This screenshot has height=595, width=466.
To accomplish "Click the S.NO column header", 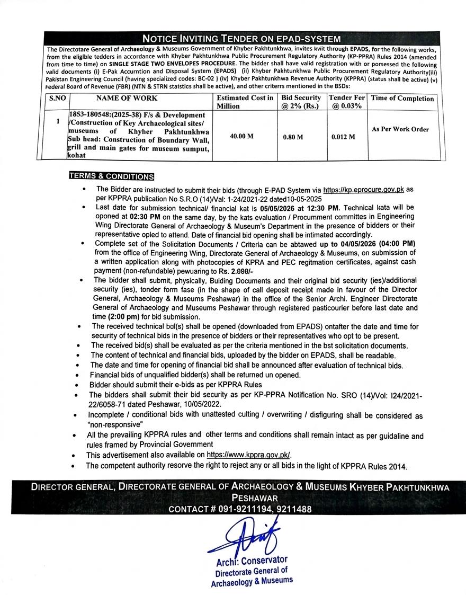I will (x=56, y=98).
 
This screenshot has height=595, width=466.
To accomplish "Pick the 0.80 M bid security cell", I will (x=292, y=137).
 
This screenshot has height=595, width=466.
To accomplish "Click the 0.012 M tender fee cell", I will (x=343, y=137).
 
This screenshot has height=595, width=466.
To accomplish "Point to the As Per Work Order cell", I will (x=400, y=129).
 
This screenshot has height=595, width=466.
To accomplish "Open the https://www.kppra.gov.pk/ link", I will (x=248, y=455).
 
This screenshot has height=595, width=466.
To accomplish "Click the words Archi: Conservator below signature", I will (x=251, y=560).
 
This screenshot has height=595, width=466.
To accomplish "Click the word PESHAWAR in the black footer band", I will (x=254, y=499).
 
